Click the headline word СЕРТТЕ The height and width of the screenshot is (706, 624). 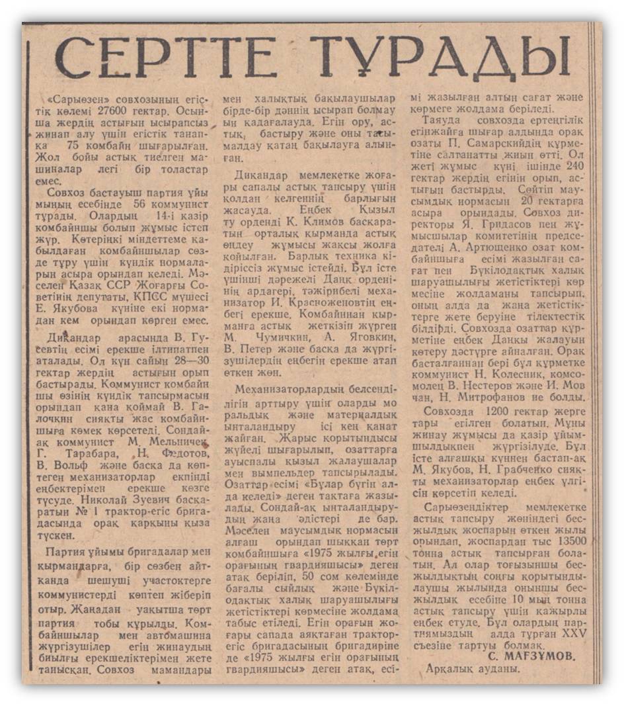tap(166, 58)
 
